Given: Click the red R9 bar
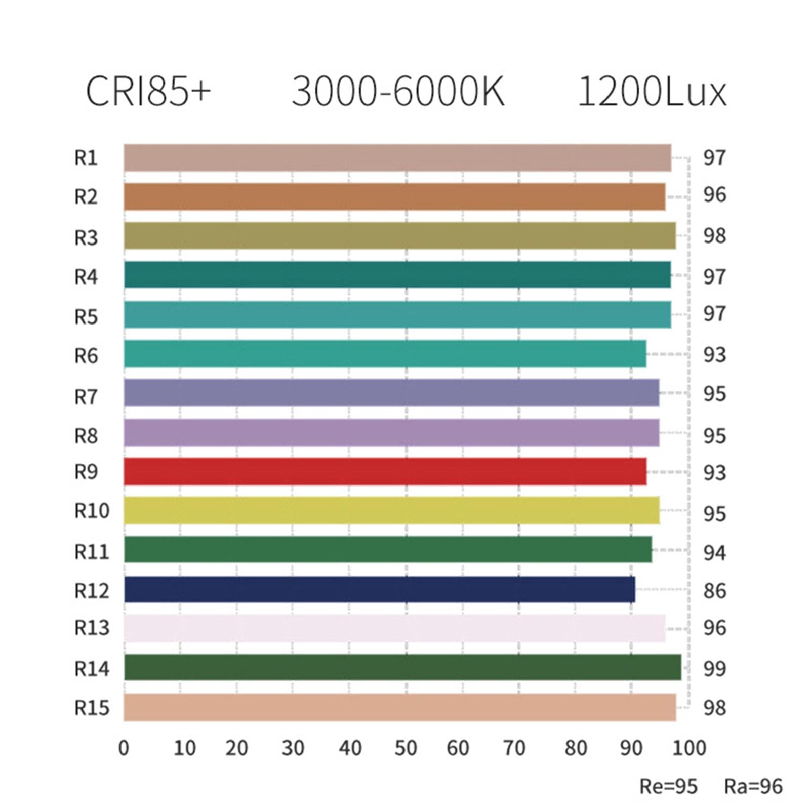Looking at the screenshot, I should (385, 471).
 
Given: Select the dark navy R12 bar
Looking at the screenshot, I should (380, 589).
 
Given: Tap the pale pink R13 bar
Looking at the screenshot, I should (395, 628).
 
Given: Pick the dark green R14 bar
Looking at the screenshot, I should (402, 667).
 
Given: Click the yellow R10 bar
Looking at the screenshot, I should (391, 510).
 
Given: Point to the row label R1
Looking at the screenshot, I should (86, 158).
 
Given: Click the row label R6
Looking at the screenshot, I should (86, 356).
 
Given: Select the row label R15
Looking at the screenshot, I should (92, 708).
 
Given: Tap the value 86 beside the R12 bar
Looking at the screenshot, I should (714, 590).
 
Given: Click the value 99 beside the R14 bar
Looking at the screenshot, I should (714, 669).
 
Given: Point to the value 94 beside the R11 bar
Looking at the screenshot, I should (714, 553).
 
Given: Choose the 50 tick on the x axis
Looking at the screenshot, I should (406, 748).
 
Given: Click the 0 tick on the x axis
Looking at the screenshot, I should (124, 748).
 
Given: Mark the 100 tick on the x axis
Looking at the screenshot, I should (688, 748).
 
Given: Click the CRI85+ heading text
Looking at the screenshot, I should (147, 92).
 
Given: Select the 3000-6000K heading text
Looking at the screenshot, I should (398, 92).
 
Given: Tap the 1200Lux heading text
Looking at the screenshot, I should (652, 92).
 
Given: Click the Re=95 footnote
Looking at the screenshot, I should (668, 786).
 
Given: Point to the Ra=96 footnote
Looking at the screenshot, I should (753, 786).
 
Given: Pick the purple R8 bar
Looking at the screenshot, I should (391, 432).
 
